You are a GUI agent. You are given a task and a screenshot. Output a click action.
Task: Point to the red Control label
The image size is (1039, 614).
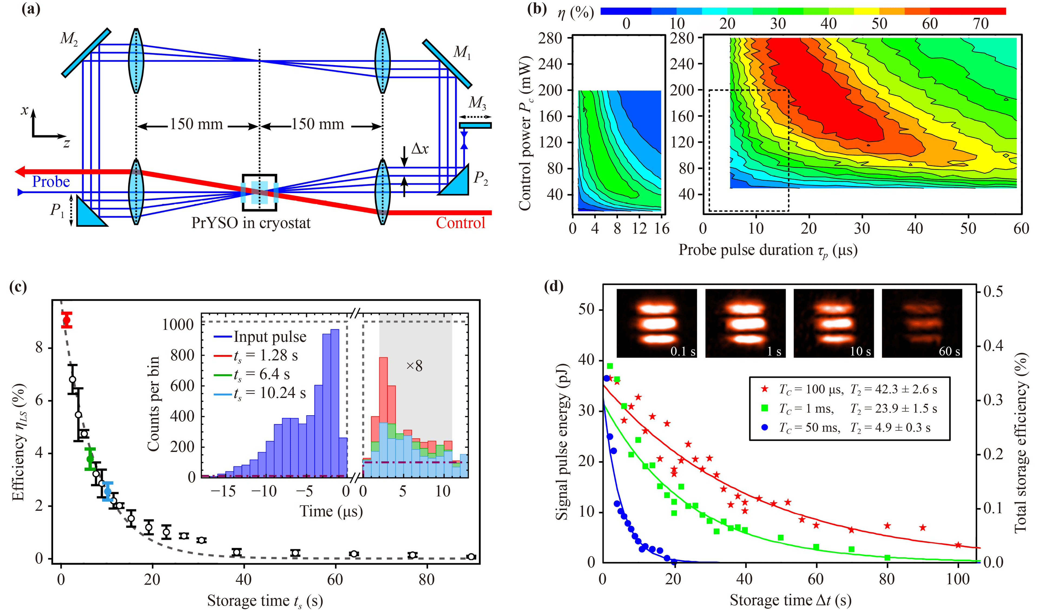[x=460, y=223]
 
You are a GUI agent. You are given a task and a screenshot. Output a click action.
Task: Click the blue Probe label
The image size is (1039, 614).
[x=51, y=182]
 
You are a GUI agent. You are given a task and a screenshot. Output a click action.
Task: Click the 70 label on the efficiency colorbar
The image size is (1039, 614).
[x=980, y=24]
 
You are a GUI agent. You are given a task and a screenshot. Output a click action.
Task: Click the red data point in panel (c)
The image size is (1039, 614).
[x=67, y=320]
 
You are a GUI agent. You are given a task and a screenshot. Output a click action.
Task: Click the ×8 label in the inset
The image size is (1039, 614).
[x=414, y=366]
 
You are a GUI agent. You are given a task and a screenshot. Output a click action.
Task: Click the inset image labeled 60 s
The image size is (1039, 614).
[x=922, y=323]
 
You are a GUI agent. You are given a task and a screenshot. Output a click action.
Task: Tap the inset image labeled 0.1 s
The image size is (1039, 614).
[x=656, y=323]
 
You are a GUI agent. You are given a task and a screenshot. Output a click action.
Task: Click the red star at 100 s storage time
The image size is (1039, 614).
[x=958, y=545]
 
